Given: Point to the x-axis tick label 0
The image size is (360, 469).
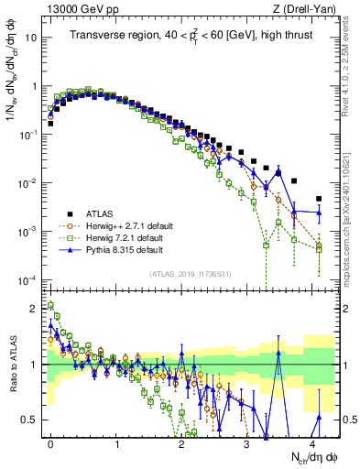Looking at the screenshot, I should [51, 444].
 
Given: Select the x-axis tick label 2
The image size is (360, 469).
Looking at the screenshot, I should [181, 444].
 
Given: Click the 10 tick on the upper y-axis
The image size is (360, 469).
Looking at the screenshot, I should [35, 38].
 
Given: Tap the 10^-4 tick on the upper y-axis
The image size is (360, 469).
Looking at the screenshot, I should [32, 279].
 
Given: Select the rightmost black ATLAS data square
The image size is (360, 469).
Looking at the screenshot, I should [319, 199].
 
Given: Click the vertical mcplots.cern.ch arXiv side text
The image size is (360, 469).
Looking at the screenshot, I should [353, 147].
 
